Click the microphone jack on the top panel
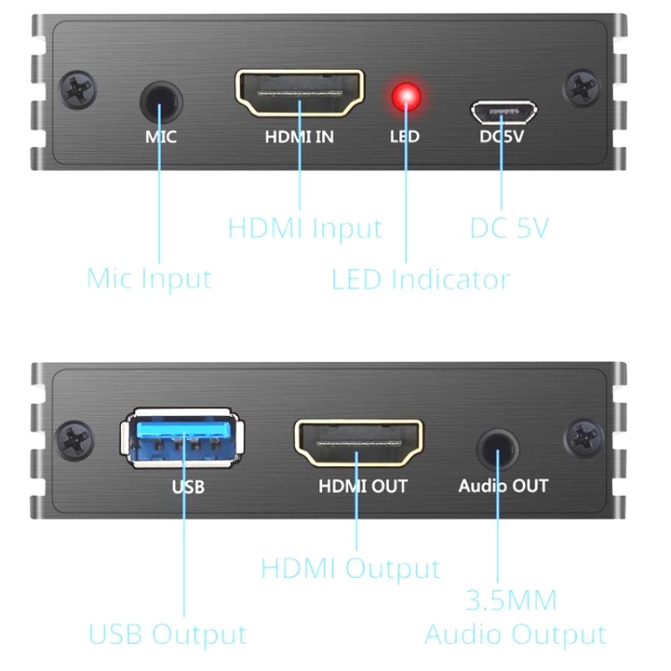(159, 100)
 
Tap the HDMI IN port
(299, 94)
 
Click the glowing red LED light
(406, 97)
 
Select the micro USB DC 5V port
(504, 113)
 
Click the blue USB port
(183, 437)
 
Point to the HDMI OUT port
(359, 441)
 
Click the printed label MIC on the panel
(161, 138)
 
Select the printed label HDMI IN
(300, 138)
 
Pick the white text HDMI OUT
(362, 487)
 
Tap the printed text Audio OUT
(503, 487)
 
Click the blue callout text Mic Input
(149, 278)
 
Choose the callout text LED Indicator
(420, 279)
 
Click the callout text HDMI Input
(304, 227)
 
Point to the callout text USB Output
(167, 634)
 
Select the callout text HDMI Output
(351, 568)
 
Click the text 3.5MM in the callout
(513, 599)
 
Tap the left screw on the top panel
(76, 90)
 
